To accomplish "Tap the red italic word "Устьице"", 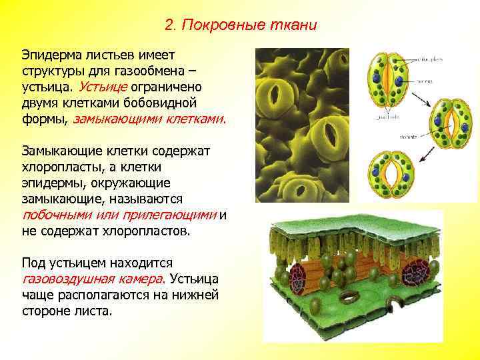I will coord(101,87).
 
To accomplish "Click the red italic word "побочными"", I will coord(52,215).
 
